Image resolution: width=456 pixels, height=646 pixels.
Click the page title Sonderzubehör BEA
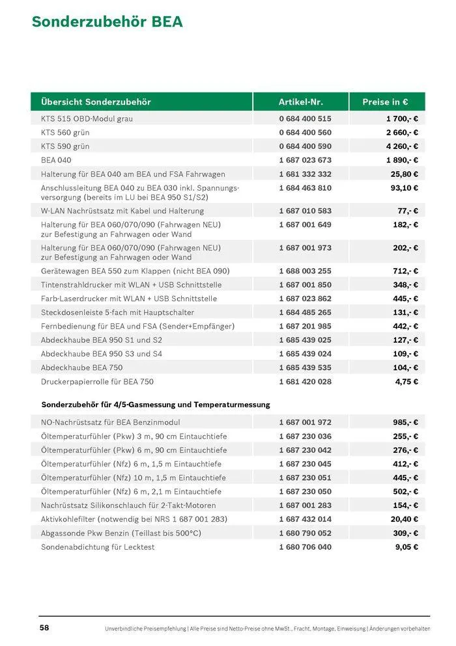[107, 22]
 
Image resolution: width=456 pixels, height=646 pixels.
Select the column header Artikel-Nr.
[300, 102]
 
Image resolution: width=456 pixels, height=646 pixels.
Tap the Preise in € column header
[385, 102]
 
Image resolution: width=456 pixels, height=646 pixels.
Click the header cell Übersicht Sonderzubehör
[96, 102]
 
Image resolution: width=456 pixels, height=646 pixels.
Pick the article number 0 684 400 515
[305, 119]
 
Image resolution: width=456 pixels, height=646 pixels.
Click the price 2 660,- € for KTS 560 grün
[401, 133]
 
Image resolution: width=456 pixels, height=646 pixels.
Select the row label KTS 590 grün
[65, 146]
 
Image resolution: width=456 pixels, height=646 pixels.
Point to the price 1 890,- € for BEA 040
[401, 160]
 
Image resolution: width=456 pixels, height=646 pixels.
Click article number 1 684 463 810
[305, 188]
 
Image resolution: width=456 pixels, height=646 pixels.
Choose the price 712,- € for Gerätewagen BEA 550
[405, 271]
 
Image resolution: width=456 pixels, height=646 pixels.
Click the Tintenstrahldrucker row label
[131, 285]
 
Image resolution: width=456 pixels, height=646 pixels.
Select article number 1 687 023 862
[305, 299]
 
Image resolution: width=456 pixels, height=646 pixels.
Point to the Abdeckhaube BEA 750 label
[81, 368]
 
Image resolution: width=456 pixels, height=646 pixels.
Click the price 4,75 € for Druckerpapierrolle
[406, 382]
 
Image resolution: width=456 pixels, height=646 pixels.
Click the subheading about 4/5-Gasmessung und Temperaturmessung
[155, 405]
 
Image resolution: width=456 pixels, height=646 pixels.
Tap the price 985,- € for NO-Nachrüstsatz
[405, 423]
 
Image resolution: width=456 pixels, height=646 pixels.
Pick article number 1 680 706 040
[305, 547]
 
